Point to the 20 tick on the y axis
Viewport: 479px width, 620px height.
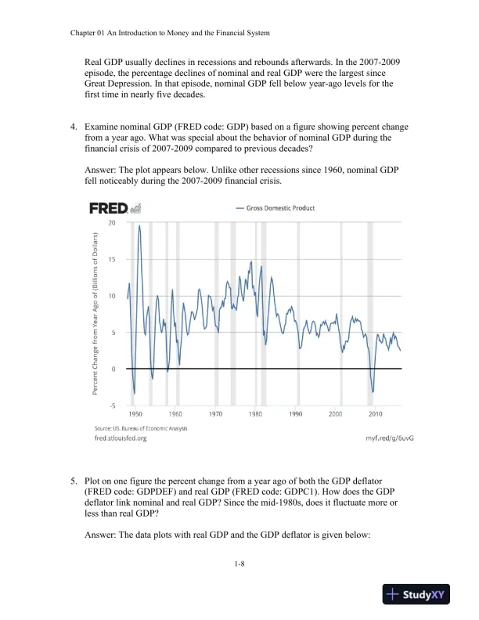point(112,223)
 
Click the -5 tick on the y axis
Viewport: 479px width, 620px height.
point(111,406)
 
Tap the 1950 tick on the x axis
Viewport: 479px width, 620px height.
point(135,413)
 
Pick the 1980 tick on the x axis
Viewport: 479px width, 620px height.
point(255,413)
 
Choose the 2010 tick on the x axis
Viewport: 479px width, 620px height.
point(376,413)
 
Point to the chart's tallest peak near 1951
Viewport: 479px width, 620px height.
point(140,226)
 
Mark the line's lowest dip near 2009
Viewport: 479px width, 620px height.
point(373,391)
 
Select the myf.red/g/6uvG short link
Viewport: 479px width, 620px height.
point(389,438)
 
